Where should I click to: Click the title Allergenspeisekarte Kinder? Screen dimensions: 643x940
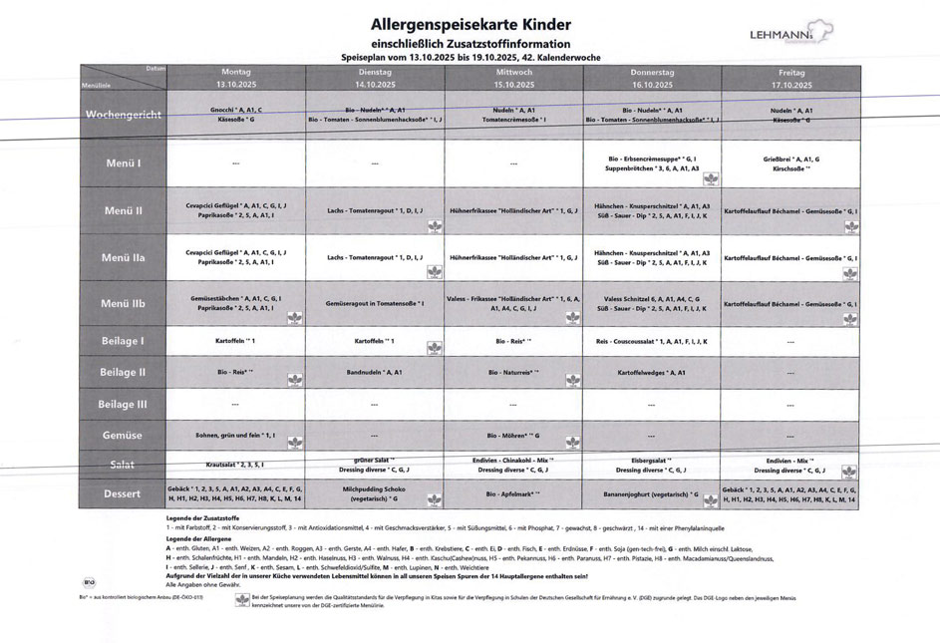point(470,24)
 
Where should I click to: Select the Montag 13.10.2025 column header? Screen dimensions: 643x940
point(236,78)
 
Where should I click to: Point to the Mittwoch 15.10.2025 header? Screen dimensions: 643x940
point(513,78)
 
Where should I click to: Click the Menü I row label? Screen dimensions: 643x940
point(124,163)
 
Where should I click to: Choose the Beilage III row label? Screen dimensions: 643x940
point(124,404)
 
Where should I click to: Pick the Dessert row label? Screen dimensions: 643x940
point(124,493)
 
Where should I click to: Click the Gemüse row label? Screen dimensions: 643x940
point(124,436)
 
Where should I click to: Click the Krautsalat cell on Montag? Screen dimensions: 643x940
point(236,465)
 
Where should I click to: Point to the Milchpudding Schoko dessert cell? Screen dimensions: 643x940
point(375,493)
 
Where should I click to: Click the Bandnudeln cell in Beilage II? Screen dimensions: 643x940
point(375,372)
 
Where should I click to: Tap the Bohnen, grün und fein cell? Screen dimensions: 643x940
point(236,436)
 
